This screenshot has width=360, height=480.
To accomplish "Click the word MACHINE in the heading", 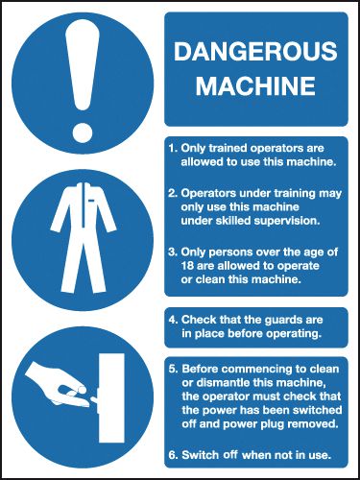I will (254, 86).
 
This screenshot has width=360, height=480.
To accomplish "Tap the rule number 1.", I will (173, 149).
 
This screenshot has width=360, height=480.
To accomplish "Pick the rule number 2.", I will (173, 194).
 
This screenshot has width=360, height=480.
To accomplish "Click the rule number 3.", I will (173, 252).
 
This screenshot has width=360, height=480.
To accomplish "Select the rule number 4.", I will (173, 319).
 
